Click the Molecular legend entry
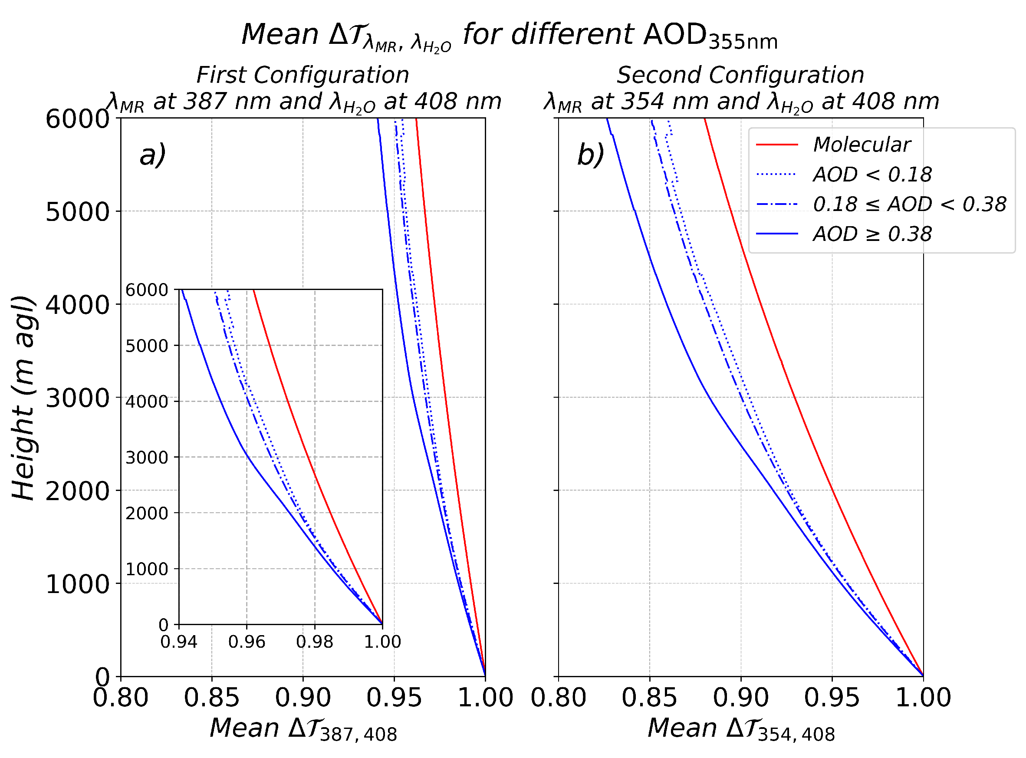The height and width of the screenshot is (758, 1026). [862, 145]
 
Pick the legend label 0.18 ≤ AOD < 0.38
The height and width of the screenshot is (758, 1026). [910, 204]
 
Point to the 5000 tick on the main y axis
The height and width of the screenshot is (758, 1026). [78, 212]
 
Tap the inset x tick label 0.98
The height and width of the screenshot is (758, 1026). [315, 642]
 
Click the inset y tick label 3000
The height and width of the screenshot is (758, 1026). [147, 458]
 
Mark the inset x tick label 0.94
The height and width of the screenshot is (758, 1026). [179, 642]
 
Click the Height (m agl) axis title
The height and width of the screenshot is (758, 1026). [23, 398]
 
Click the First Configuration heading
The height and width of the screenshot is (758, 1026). [303, 75]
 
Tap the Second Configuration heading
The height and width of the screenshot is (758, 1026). [740, 75]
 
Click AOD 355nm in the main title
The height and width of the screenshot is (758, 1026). [710, 36]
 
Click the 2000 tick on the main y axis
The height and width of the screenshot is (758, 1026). [78, 491]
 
